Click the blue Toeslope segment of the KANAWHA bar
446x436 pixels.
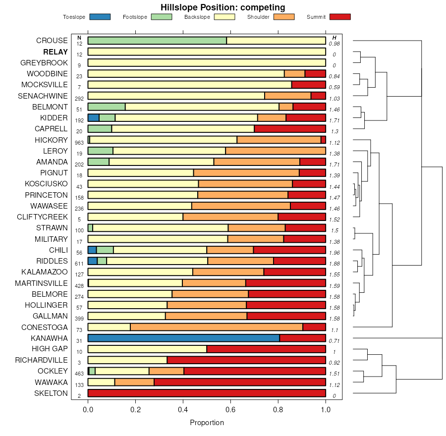tap(183, 338)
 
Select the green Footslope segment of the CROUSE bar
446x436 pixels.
tap(157, 41)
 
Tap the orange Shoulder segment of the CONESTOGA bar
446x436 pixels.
tap(217, 327)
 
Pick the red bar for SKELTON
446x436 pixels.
tap(207, 393)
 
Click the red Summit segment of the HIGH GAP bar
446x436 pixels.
tap(266, 349)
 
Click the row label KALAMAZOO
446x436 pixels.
tap(45, 272)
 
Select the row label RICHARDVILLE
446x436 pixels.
tap(41, 360)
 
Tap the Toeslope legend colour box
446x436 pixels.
tap(100, 17)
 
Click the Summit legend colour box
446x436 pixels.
tap(340, 17)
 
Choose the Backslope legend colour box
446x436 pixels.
tap(223, 17)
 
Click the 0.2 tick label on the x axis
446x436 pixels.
tap(135, 410)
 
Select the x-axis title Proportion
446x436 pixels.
tap(207, 423)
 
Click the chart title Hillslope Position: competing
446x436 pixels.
tap(223, 7)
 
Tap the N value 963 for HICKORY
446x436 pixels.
tap(79, 143)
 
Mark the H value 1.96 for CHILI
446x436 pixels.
tap(334, 253)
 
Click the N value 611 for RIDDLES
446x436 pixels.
tap(79, 264)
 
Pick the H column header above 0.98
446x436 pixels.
tap(334, 38)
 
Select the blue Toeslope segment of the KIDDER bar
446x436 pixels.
tap(93, 118)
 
